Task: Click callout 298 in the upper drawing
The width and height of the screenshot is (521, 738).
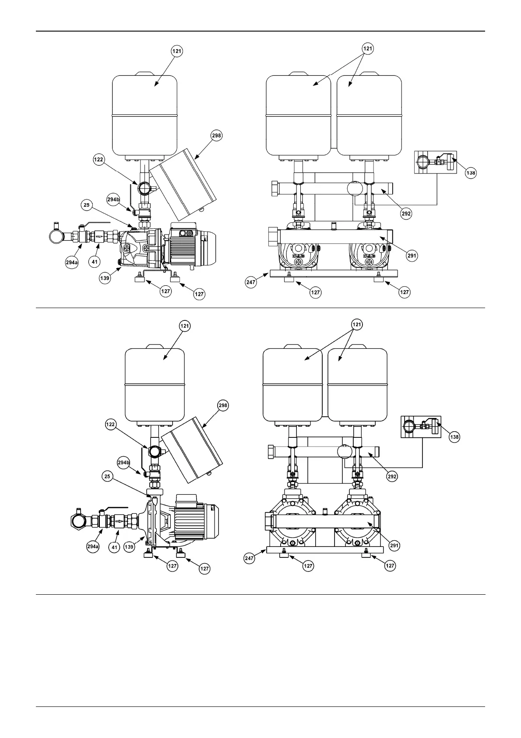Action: [x=216, y=135]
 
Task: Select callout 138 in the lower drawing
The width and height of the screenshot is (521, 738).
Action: [x=454, y=437]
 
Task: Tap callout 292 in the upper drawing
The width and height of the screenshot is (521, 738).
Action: [x=406, y=213]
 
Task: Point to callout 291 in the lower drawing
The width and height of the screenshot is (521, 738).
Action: [x=394, y=546]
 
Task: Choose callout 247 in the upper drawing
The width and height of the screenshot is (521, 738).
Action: [x=250, y=284]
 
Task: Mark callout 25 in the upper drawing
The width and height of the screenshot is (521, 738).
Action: [x=86, y=204]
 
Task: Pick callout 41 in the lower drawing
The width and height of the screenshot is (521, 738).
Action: [x=114, y=547]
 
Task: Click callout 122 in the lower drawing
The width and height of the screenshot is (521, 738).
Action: [x=111, y=424]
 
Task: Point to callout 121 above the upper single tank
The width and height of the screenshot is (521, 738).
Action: [x=176, y=50]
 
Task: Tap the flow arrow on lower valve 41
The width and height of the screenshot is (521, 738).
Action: [x=119, y=522]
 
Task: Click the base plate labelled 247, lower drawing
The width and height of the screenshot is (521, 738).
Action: [x=324, y=550]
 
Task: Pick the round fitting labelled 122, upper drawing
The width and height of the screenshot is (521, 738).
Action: [x=144, y=189]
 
